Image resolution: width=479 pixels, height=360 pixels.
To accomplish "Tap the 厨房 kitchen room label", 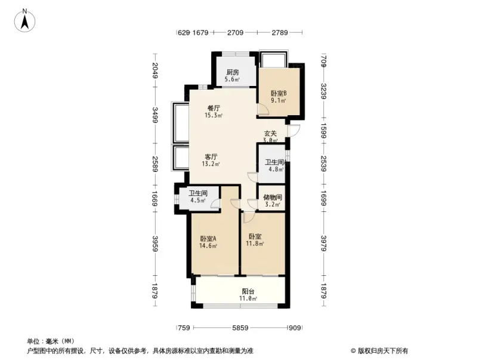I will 232,72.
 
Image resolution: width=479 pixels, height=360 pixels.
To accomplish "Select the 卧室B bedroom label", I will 279,93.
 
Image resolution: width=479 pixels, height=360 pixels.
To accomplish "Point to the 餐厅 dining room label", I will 214,108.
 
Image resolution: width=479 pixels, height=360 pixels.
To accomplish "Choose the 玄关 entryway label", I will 271,134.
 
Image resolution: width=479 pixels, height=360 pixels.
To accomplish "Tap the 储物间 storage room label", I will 273,198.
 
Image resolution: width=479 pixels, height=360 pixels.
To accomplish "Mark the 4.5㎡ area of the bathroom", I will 197,201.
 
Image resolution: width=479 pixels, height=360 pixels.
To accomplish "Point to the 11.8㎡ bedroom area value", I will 255,243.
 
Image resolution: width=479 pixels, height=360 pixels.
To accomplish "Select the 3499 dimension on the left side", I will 155,114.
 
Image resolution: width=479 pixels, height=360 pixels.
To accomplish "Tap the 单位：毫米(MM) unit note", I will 50,341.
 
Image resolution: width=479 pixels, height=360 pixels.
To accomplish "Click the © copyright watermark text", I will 379,350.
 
